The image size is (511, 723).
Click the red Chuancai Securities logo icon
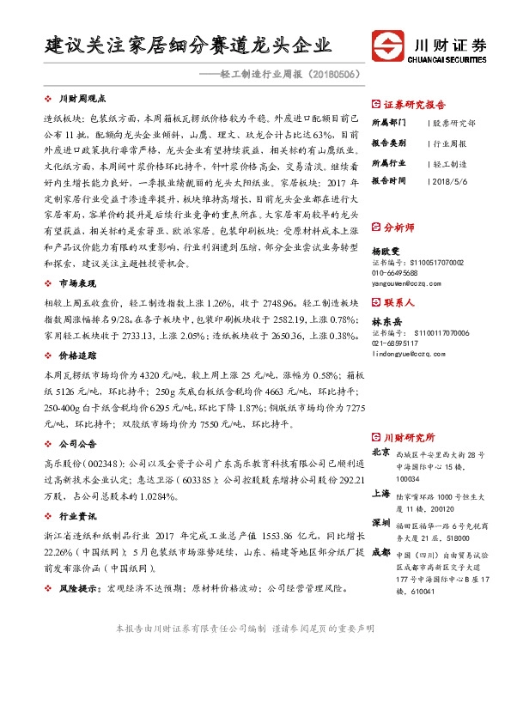coord(389,45)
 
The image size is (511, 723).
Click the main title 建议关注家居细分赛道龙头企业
coord(187,45)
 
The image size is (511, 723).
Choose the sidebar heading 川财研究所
coord(409,437)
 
